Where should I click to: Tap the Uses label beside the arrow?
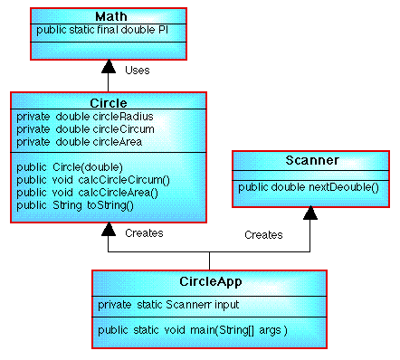[137, 70]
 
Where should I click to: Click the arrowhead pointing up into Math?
[109, 68]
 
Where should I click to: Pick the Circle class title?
[109, 102]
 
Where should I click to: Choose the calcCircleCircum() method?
[93, 180]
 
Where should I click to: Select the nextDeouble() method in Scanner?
[309, 187]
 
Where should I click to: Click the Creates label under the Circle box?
[144, 232]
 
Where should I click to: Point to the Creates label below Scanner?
[263, 234]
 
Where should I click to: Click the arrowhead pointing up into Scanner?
[310, 213]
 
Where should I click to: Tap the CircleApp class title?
[210, 281]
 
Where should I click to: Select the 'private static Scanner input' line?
[167, 305]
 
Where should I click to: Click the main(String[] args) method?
[192, 330]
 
